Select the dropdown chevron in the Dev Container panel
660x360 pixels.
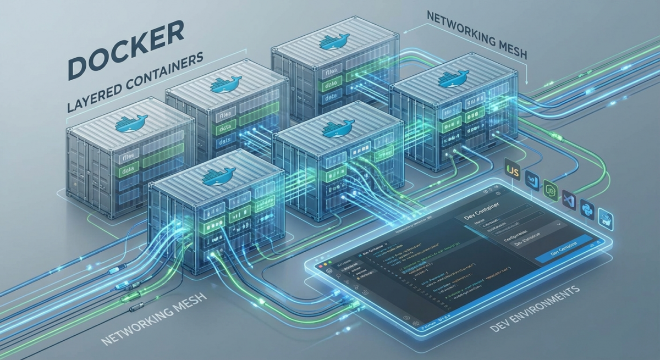[560, 224]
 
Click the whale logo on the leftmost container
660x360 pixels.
[131, 123]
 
